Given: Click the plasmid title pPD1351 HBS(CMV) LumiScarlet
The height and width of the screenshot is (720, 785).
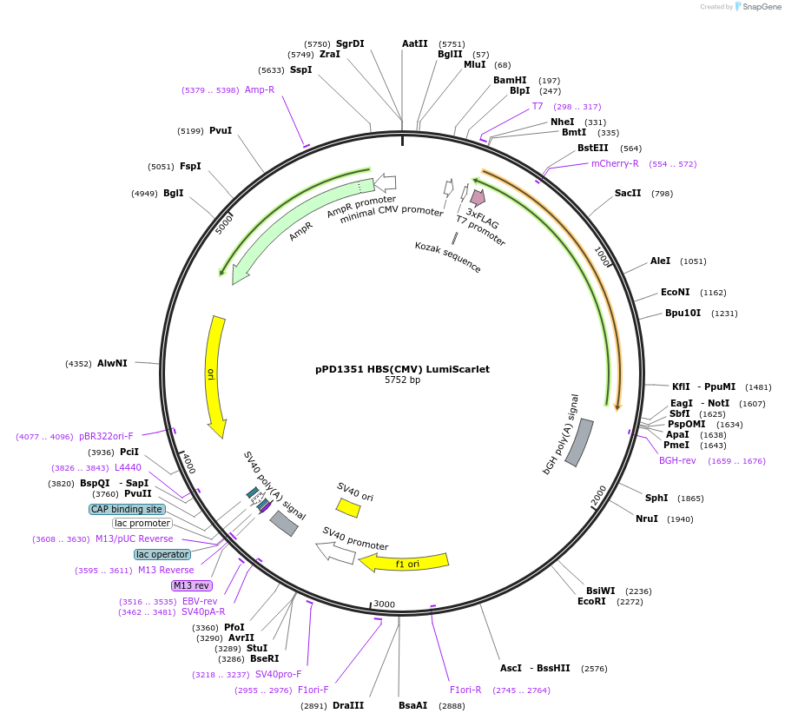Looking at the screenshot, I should point(402,369).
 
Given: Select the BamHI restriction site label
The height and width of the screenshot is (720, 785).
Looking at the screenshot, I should point(510,80).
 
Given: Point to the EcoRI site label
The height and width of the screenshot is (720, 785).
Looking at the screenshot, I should point(591,601).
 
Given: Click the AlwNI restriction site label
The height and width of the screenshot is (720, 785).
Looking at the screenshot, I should point(112,363).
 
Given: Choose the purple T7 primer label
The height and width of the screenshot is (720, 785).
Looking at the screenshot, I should point(538,106).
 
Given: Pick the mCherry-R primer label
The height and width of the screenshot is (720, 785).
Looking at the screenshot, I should point(615,163).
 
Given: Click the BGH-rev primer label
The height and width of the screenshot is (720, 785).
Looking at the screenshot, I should point(677,460).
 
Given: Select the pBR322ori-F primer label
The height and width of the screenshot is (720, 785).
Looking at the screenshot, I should point(106,436).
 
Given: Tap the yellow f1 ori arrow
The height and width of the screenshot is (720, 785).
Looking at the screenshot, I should point(405,563).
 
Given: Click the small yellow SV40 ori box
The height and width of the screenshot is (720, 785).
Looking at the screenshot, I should point(348,508).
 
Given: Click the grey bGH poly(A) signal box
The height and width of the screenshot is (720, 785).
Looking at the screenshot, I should point(579,442).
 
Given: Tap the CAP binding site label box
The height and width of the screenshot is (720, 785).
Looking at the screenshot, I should point(126,509).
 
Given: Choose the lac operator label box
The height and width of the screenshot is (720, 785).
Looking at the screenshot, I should point(162,554).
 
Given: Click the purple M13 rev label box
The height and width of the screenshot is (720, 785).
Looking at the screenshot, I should point(192,585).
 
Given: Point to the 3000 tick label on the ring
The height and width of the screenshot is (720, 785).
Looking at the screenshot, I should point(384,604).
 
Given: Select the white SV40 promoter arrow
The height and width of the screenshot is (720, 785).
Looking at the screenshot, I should point(335,552).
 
